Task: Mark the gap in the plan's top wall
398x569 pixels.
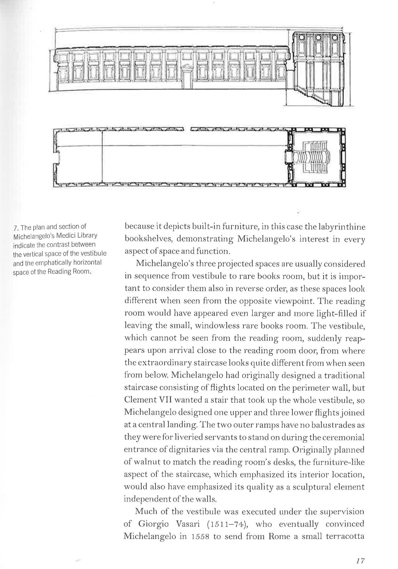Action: coord(187,130)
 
